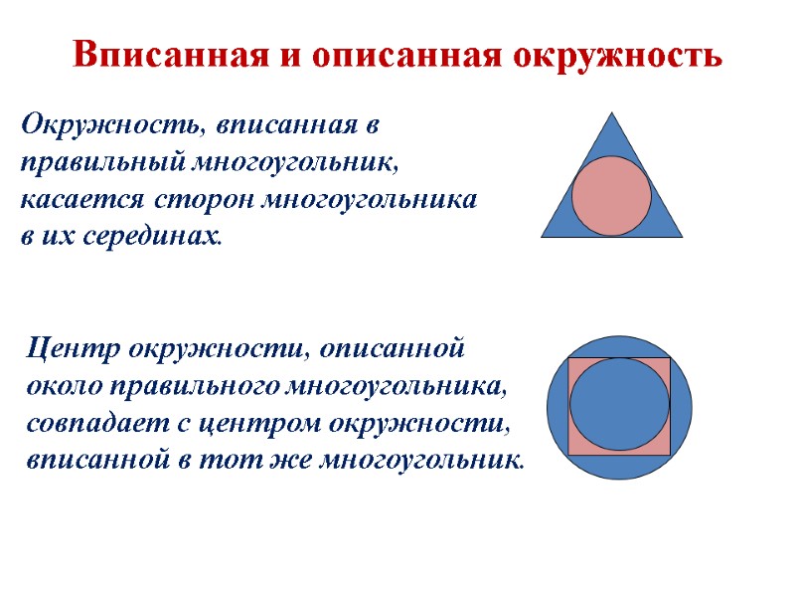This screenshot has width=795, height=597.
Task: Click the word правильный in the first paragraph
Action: pos(83,162)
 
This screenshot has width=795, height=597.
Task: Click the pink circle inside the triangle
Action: pos(612,196)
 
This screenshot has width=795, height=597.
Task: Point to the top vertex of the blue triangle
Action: pos(612,111)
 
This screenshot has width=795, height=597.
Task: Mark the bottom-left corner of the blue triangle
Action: pos(543,236)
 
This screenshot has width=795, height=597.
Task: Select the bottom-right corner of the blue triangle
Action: pos(682,236)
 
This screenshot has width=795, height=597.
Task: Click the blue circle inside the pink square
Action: pos(619,404)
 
